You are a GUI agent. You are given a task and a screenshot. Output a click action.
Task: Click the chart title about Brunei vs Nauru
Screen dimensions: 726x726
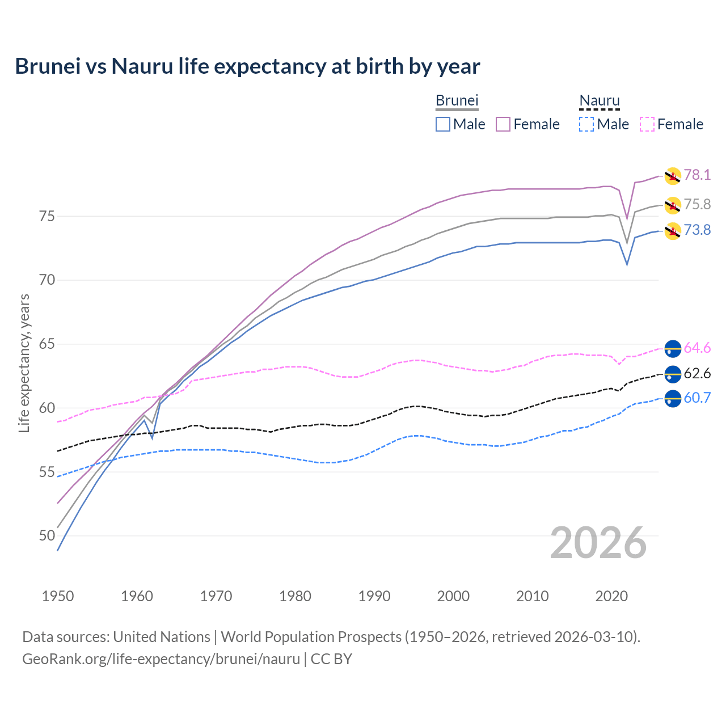pos(247,66)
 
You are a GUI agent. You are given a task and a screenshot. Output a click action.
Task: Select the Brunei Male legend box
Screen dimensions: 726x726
pos(443,124)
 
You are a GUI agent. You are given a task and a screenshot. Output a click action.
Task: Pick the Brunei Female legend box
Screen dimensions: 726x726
pos(503,124)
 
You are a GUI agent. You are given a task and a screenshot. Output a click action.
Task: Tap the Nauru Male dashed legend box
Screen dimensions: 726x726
pos(586,124)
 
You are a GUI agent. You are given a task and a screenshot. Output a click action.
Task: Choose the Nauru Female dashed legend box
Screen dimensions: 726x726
pos(647,124)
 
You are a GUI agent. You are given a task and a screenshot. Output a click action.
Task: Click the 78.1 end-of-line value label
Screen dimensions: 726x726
pos(697,175)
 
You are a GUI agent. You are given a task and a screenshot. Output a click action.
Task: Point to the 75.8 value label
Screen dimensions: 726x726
pos(697,204)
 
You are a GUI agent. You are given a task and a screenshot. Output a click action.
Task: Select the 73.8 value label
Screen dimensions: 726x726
pos(697,230)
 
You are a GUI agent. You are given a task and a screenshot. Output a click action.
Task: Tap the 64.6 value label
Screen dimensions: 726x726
pos(697,348)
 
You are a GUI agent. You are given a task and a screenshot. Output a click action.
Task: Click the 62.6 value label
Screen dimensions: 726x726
pos(697,373)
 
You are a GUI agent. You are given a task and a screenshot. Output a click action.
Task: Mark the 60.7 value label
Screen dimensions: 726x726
pos(697,398)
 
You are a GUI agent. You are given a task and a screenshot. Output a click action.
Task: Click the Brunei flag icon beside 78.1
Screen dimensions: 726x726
pos(673,176)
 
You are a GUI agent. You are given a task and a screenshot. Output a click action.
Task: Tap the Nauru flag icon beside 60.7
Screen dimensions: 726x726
pos(673,399)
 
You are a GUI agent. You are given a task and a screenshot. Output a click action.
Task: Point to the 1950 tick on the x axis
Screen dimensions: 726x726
pos(58,596)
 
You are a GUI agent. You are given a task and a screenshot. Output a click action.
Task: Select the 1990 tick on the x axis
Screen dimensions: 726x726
pos(374,596)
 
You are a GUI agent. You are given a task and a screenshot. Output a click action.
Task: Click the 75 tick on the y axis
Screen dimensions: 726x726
pos(47,216)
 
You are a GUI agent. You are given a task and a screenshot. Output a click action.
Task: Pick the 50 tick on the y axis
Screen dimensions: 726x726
pos(47,535)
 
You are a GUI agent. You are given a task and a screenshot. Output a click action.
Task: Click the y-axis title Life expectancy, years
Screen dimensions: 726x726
pos(24,363)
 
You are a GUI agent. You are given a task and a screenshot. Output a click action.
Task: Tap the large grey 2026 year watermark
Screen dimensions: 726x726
pos(598,543)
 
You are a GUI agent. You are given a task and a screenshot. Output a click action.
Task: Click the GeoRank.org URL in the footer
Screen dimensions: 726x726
pos(161,659)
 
